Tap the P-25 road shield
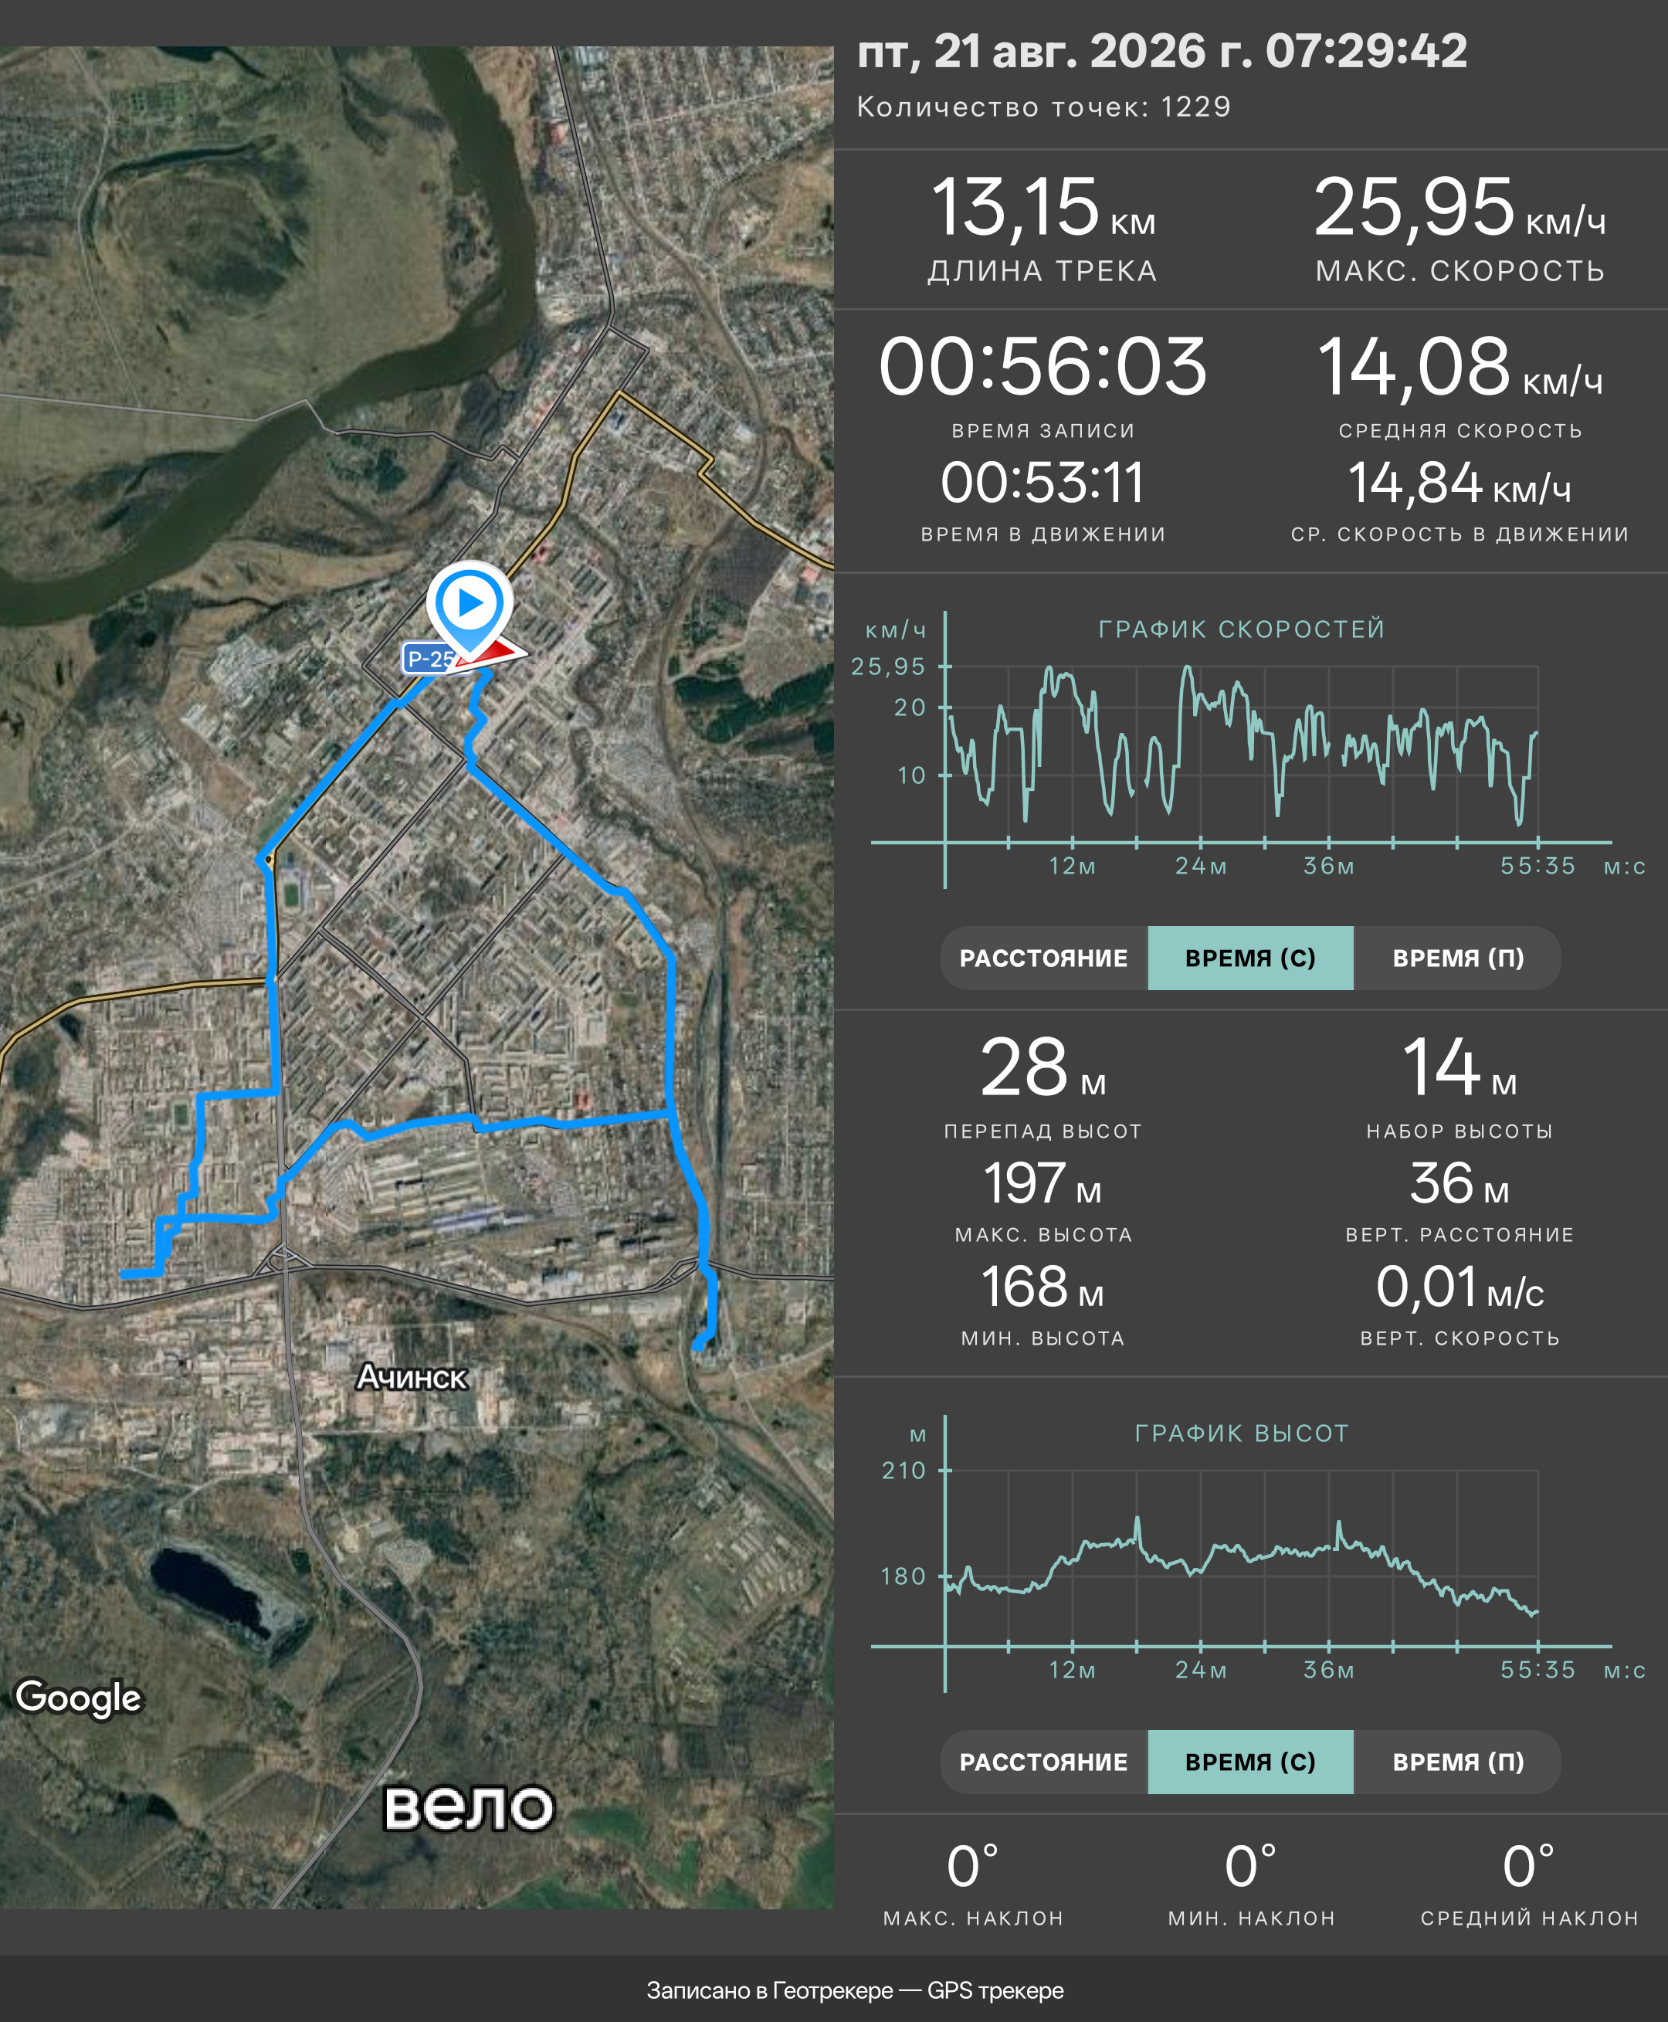click(x=429, y=660)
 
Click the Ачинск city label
click(x=412, y=1377)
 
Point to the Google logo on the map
click(x=79, y=1698)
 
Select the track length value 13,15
click(x=1015, y=207)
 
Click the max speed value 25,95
click(x=1413, y=207)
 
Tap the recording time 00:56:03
click(x=1042, y=366)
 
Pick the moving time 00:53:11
click(x=1042, y=483)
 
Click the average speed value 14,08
click(x=1412, y=366)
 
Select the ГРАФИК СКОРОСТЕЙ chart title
click(x=1242, y=629)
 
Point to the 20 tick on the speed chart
click(x=910, y=707)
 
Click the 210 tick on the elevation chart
click(x=904, y=1471)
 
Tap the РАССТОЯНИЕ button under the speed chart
click(x=1043, y=958)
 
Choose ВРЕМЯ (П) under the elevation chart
click(x=1458, y=1762)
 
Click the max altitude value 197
click(x=1024, y=1183)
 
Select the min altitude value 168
click(x=1022, y=1287)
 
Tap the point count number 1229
click(x=1195, y=107)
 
